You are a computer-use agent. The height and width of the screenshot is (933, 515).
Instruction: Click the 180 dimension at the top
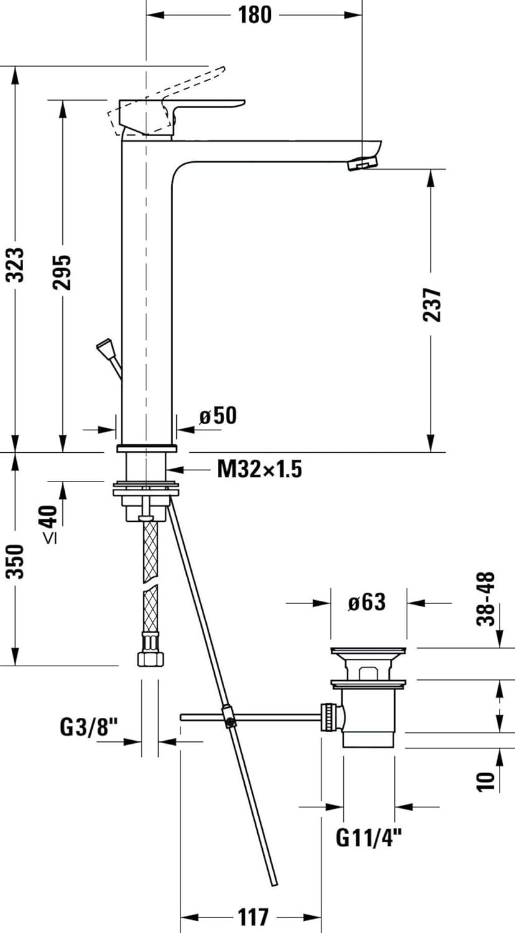255,15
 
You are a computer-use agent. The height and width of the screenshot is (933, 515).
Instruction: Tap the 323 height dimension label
16,265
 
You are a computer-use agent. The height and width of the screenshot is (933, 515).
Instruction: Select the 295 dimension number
62,272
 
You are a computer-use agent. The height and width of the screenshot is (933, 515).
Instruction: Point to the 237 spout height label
432,305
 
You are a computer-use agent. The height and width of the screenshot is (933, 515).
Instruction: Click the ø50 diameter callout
218,415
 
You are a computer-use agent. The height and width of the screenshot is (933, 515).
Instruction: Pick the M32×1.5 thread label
260,469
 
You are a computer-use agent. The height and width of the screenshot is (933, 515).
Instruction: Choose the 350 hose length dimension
16,561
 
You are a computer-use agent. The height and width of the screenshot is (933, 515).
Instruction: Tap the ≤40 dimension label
50,524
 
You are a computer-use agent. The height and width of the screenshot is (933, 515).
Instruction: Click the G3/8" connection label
89,728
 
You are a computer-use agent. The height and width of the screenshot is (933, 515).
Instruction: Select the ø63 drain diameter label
367,602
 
